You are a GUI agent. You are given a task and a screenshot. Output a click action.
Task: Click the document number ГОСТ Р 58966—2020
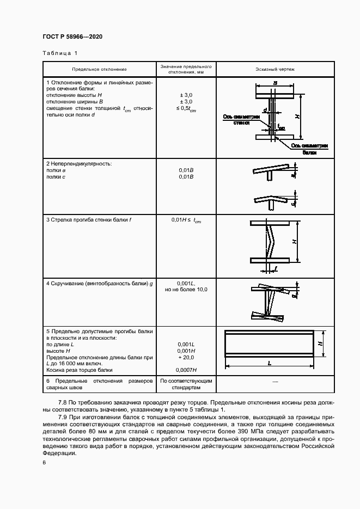[72, 36]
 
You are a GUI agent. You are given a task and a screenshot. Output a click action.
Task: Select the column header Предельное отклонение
[99, 70]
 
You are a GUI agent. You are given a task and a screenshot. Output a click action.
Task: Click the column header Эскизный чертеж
[275, 70]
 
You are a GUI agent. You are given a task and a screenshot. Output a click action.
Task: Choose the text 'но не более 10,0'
[186, 290]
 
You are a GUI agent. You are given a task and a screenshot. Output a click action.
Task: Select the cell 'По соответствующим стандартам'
[186, 384]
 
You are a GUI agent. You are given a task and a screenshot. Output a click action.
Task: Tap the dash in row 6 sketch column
[274, 383]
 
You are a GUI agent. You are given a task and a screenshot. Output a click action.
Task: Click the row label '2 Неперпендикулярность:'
[79, 164]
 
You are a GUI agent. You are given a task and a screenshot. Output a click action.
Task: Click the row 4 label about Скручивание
[100, 284]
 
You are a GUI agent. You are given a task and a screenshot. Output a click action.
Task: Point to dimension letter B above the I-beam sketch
[275, 83]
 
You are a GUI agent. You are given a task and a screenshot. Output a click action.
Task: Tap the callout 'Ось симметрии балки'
[310, 149]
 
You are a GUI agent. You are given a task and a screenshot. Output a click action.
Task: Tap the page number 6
[44, 462]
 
